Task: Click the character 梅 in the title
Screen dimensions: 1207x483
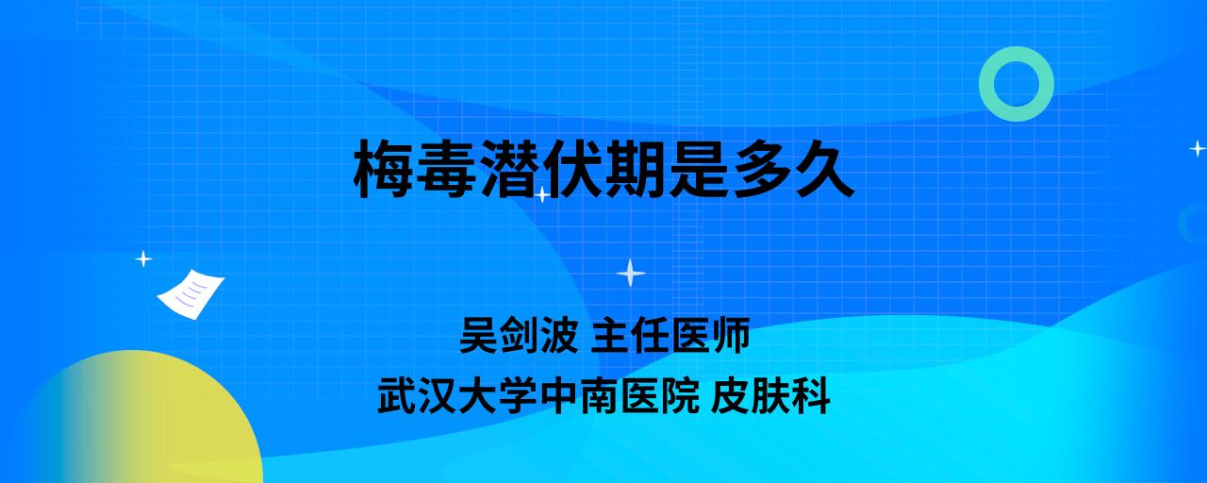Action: pos(384,169)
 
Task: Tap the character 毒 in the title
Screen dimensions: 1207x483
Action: pos(446,169)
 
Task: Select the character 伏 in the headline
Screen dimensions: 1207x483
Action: pos(571,169)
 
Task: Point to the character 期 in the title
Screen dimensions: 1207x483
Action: pos(635,169)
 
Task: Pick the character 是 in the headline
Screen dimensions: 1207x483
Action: pos(697,169)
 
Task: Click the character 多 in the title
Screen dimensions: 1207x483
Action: pos(760,169)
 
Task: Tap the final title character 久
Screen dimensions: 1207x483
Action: pos(823,169)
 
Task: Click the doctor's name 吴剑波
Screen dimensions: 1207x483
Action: pos(519,335)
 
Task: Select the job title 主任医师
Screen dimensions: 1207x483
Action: pos(670,335)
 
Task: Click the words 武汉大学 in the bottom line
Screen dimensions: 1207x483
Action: pos(457,396)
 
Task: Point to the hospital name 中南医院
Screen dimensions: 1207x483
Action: pos(620,396)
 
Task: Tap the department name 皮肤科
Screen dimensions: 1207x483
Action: pos(770,396)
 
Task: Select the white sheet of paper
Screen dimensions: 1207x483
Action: pos(190,294)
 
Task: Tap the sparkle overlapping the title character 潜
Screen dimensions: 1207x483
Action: pos(542,194)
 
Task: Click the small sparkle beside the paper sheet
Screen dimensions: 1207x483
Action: pos(143,259)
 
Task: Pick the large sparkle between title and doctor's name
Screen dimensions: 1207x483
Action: pos(631,274)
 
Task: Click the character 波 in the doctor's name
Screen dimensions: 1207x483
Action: pos(559,335)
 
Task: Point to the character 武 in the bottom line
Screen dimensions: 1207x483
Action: pos(397,396)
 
